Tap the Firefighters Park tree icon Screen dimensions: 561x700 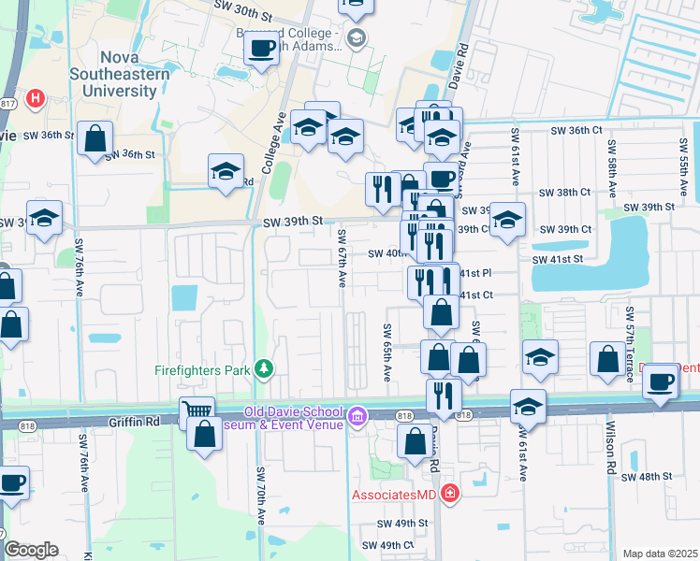pos(265,369)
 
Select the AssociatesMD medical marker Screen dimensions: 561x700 pos(450,493)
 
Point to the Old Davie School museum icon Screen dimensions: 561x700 pos(357,416)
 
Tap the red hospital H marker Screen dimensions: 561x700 pos(36,97)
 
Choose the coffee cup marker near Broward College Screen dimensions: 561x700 pos(261,48)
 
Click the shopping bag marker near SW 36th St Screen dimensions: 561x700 pos(95,139)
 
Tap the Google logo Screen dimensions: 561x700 pos(30,550)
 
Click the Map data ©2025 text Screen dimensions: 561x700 pos(660,554)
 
